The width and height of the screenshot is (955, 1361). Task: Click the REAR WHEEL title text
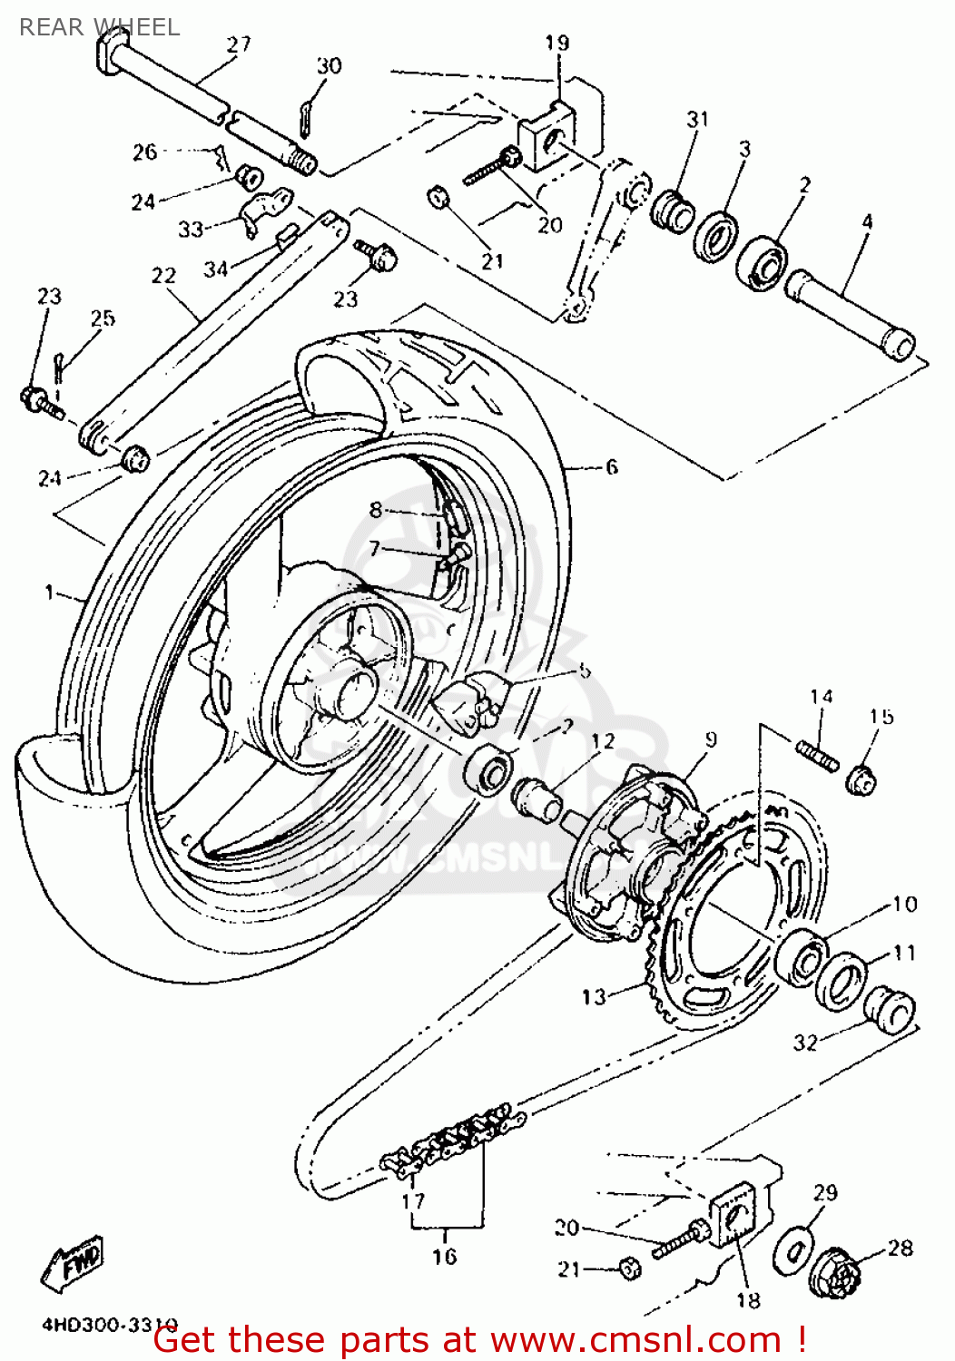tap(99, 27)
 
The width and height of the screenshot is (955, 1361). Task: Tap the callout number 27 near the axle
tap(239, 44)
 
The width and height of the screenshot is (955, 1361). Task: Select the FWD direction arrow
tap(73, 1260)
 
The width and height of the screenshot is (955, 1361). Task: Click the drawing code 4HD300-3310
tap(109, 1324)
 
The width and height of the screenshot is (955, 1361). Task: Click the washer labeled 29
tap(793, 1250)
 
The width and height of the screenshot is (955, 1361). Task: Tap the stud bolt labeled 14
tap(818, 755)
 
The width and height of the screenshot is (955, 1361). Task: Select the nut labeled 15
tap(861, 778)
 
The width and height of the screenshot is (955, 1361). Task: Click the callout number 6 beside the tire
tap(611, 466)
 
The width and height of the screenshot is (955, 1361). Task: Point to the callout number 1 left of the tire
tap(49, 592)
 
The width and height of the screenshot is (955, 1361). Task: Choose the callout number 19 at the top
tap(556, 42)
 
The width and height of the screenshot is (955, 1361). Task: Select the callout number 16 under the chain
tap(444, 1256)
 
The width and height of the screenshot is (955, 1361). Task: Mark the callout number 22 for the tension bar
tap(163, 275)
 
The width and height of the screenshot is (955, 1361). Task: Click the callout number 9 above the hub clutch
tap(710, 739)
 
